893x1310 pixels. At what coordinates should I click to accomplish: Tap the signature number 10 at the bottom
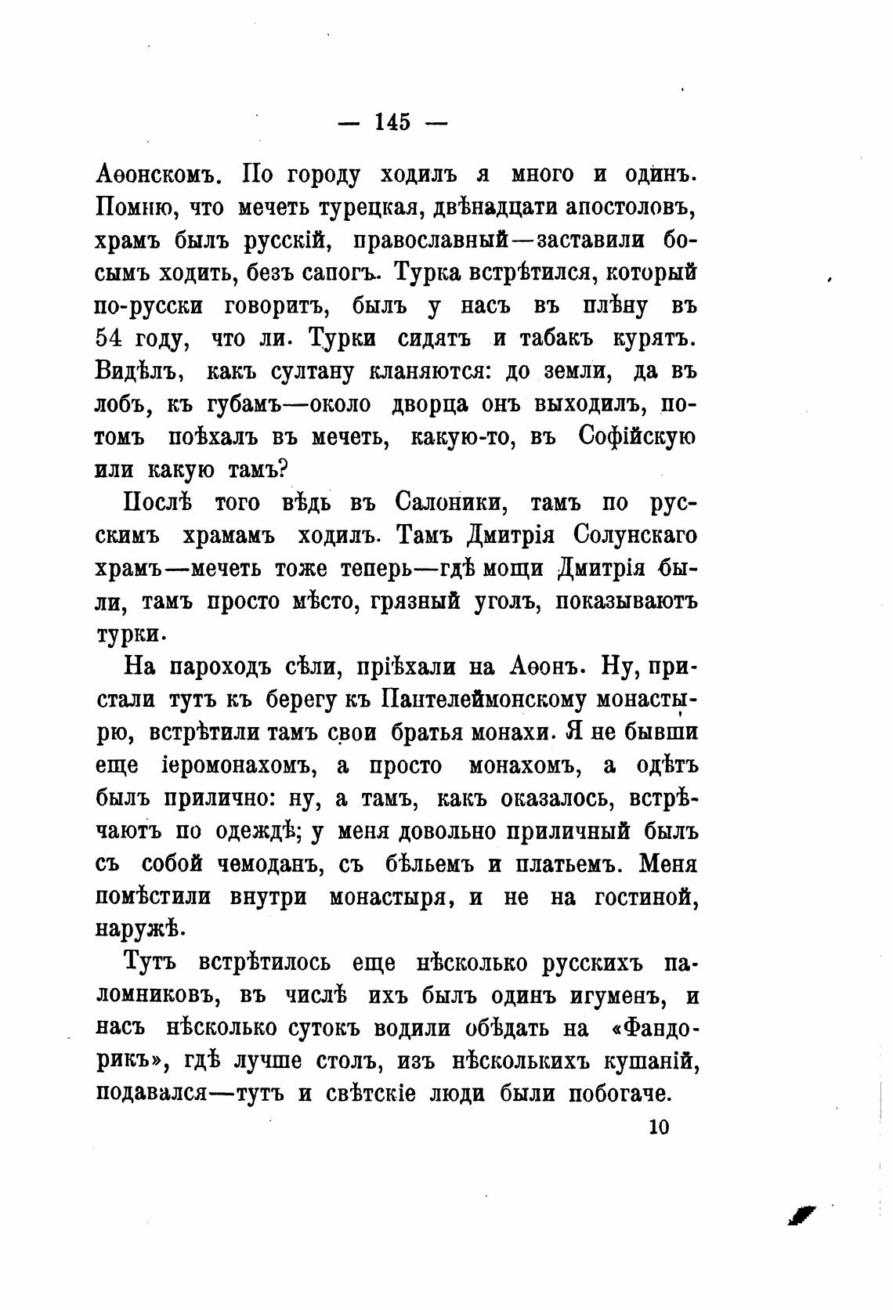click(658, 1127)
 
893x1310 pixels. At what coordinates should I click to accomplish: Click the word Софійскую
click(636, 437)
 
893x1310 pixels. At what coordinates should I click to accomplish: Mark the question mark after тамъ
click(284, 470)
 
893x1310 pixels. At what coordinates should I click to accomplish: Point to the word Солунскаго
click(635, 536)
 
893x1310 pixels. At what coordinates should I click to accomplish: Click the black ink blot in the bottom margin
click(801, 1214)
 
